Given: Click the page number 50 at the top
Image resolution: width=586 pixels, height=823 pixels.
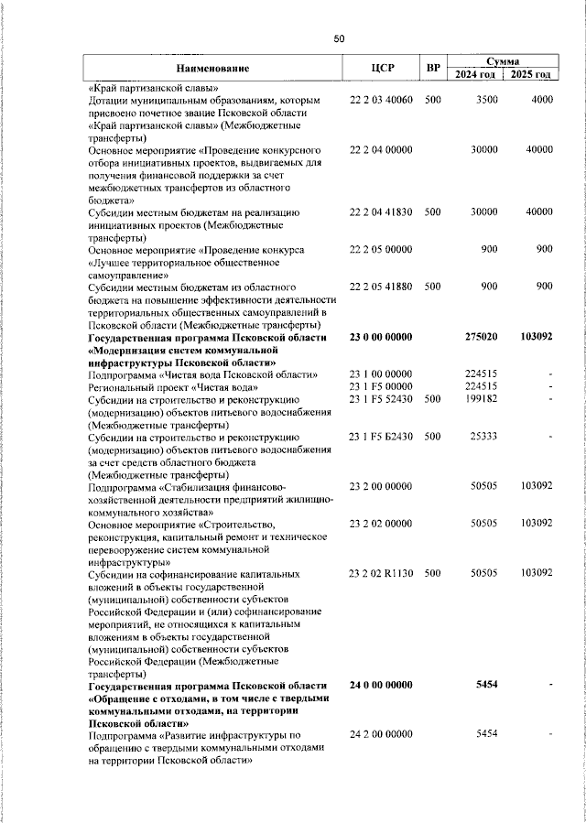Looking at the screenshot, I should [x=339, y=38].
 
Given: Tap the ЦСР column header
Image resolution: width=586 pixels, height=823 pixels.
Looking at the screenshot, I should [x=383, y=69].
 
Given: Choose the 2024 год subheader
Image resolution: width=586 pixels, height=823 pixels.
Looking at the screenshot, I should [x=476, y=74].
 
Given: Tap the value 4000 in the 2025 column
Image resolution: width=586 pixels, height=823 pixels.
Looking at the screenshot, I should [x=541, y=100].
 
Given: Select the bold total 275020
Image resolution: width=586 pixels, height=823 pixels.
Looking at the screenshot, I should [x=479, y=337].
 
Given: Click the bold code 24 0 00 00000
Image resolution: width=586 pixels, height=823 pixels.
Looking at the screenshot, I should [x=382, y=686].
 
